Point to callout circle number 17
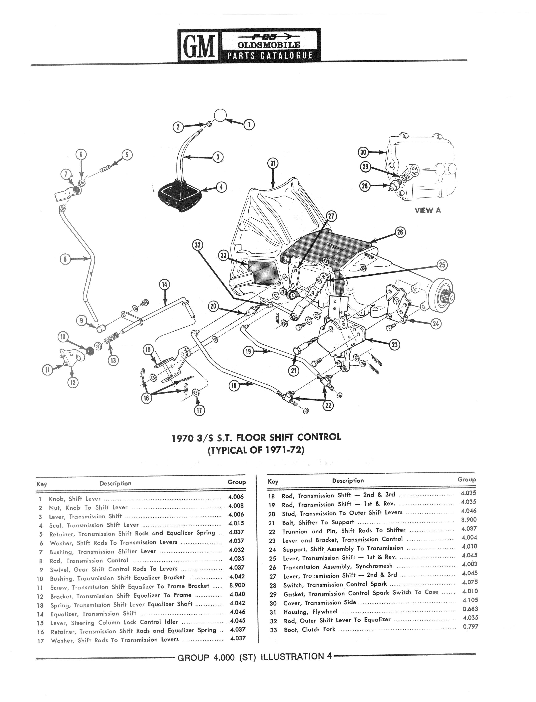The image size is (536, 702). tap(199, 410)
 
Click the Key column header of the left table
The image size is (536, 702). tap(42, 484)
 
